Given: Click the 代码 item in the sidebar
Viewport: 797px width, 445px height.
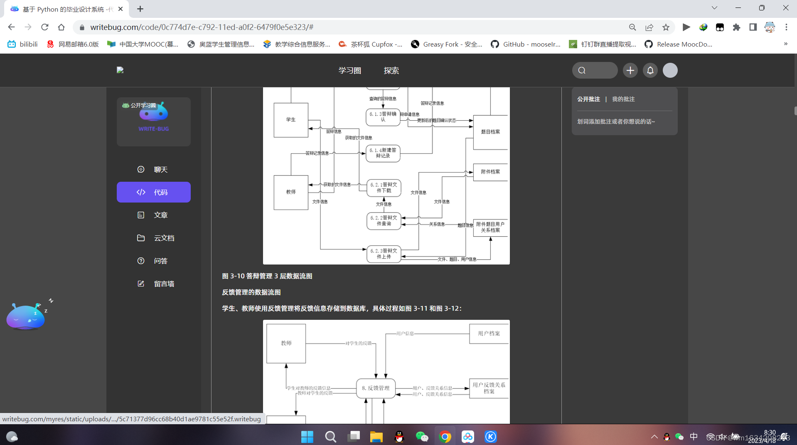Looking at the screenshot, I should point(153,192).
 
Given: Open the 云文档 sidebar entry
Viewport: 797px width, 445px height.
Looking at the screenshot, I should point(156,238).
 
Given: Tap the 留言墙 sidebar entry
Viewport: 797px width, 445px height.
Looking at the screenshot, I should point(156,284).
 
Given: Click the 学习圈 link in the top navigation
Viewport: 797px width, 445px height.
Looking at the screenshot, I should point(349,71).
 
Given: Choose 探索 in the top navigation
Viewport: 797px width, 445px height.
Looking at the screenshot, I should point(391,71).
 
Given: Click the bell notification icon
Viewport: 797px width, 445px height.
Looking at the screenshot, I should point(650,71).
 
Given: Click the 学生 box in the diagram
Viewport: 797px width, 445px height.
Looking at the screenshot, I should point(291,120).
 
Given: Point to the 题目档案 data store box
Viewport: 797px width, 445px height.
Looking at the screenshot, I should point(490,132).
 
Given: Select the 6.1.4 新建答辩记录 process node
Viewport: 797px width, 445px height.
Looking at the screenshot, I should point(383,153).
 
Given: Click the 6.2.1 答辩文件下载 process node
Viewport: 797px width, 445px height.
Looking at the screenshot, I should point(384,188).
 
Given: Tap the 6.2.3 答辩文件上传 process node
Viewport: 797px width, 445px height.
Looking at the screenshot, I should point(384,254).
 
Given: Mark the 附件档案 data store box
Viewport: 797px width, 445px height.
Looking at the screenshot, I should point(490,172).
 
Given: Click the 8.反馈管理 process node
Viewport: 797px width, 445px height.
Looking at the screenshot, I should point(376,388).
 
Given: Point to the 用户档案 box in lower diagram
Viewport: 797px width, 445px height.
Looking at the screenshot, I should point(489,334).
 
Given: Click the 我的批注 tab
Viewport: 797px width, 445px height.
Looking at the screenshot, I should point(623,99).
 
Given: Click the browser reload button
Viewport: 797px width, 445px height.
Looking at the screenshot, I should point(45,27).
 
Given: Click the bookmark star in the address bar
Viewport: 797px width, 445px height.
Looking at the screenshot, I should point(666,27).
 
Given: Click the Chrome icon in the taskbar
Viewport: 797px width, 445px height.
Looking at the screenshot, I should point(445,437).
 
